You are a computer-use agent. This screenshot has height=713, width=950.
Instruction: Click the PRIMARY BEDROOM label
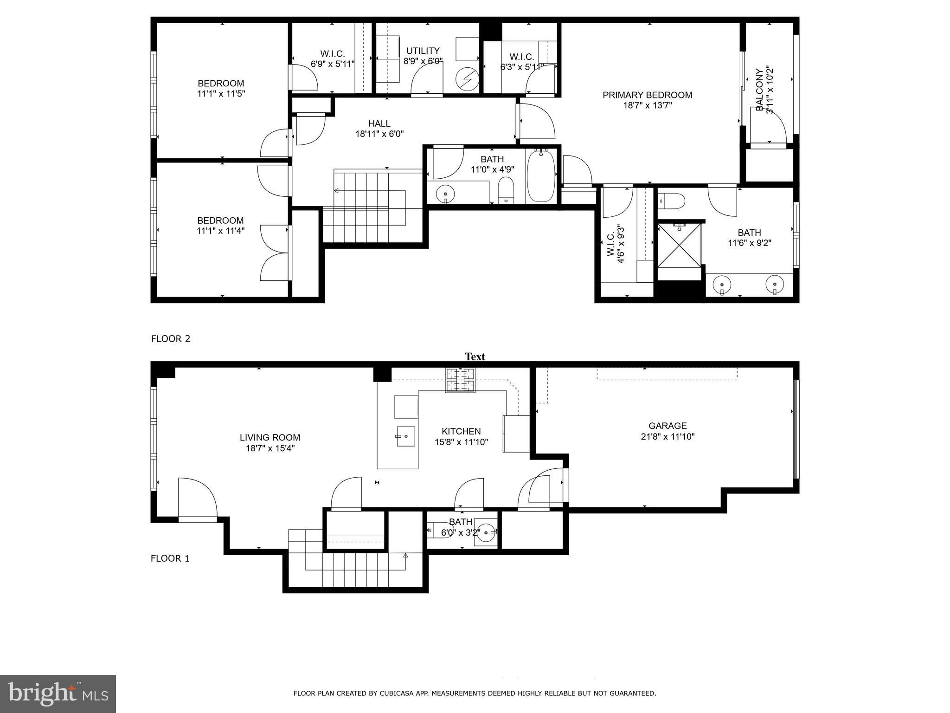pyautogui.click(x=647, y=95)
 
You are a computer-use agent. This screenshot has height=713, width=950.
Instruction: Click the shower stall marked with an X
pyautogui.click(x=680, y=246)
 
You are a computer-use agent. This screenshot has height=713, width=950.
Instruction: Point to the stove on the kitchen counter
pyautogui.click(x=460, y=380)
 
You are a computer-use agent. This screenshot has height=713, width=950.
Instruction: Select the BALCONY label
pyautogui.click(x=759, y=90)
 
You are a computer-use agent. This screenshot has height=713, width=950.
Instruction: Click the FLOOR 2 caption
pyautogui.click(x=171, y=339)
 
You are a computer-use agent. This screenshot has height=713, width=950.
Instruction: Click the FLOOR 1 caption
pyautogui.click(x=170, y=558)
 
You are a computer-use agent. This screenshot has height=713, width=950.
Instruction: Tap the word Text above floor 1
pyautogui.click(x=475, y=356)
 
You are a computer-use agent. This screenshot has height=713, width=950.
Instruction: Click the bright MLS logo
pyautogui.click(x=58, y=694)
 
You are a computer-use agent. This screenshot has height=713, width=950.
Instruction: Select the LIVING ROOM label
pyautogui.click(x=270, y=437)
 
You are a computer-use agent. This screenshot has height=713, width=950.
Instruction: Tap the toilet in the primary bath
pyautogui.click(x=673, y=201)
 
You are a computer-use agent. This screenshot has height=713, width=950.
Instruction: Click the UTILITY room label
pyautogui.click(x=423, y=51)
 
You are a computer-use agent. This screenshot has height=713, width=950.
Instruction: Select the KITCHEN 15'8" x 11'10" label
pyautogui.click(x=461, y=437)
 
